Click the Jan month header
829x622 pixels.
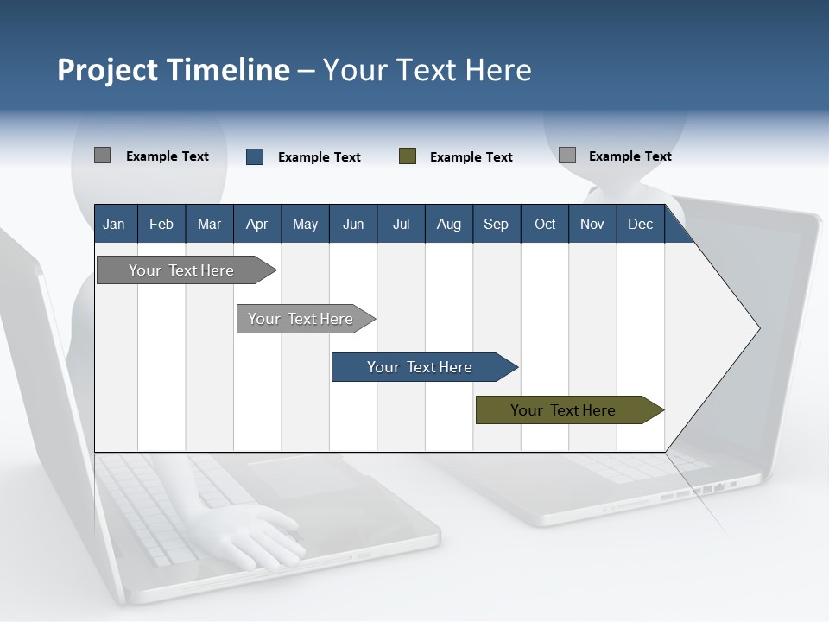(114, 225)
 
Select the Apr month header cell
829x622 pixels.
(256, 225)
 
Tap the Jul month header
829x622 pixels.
(401, 225)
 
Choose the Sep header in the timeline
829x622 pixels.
(496, 225)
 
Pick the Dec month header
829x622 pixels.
(640, 225)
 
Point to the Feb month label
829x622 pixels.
(161, 225)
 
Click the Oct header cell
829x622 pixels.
(545, 225)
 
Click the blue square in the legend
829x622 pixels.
(255, 156)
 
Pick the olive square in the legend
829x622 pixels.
(408, 156)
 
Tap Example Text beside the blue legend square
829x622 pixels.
(319, 157)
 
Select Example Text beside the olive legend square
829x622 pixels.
(471, 157)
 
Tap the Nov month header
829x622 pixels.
(592, 225)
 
